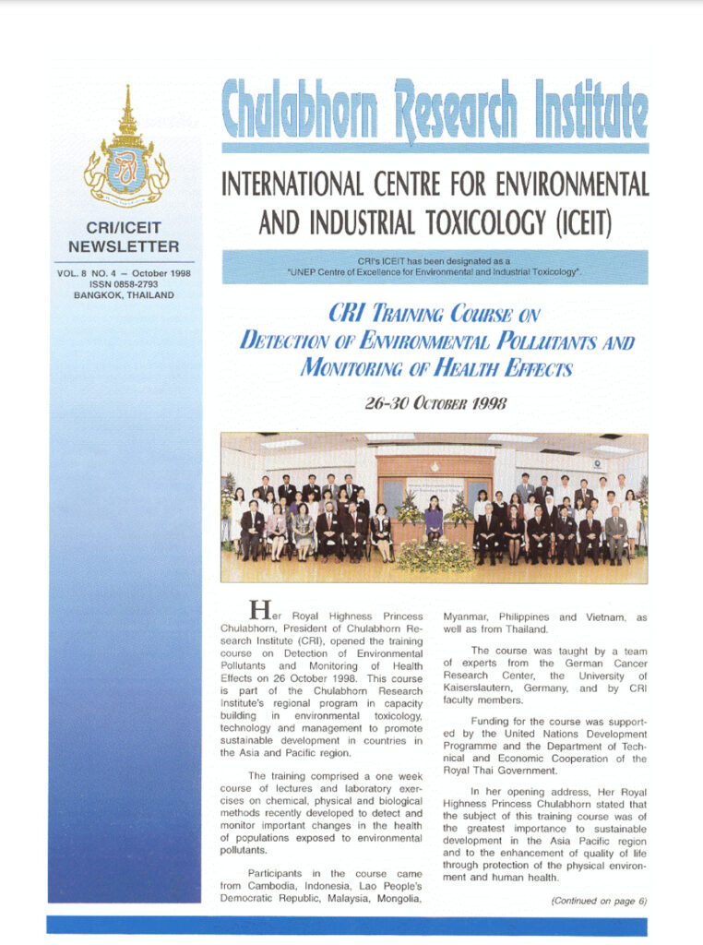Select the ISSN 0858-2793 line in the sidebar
click(x=124, y=284)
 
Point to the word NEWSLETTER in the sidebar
click(x=124, y=246)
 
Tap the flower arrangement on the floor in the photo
click(x=434, y=557)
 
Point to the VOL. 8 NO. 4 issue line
click(x=124, y=273)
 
